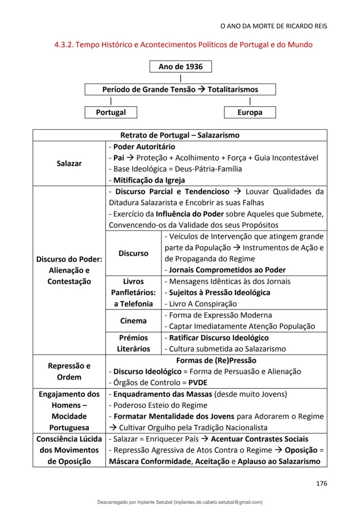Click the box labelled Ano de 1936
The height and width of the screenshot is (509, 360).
(180, 67)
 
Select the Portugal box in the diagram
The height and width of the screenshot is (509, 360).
(111, 112)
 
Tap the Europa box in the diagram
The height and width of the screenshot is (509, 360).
(250, 112)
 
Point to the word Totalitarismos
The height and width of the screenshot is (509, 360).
(233, 90)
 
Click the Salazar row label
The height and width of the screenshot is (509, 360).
(69, 163)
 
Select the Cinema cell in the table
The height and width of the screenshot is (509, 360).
(133, 321)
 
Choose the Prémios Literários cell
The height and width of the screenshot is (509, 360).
(133, 343)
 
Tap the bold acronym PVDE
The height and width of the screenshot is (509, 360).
(198, 383)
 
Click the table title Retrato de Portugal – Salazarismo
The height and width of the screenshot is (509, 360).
(180, 135)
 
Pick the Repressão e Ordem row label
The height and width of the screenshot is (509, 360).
(69, 372)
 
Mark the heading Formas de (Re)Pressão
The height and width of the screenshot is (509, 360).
(216, 360)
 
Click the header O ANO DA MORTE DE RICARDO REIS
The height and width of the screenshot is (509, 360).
(274, 26)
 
